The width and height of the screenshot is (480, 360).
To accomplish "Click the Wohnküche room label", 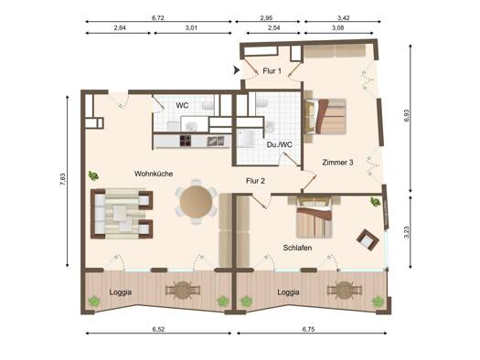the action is point(154,174).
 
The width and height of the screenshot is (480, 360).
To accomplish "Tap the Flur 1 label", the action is point(272,71).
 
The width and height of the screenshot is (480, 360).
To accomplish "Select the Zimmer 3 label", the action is point(337,163).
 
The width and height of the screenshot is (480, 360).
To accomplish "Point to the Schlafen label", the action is point(297,248).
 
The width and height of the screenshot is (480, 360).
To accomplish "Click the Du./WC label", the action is point(279,144).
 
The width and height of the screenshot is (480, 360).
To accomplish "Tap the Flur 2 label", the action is point(255,181).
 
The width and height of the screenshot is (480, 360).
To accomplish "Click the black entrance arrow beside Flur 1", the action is point(236,70).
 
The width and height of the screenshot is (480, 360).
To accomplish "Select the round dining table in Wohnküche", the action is point(196,202).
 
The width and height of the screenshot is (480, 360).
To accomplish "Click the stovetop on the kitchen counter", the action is point(186,141).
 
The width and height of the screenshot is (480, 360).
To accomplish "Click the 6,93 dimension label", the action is point(406,115).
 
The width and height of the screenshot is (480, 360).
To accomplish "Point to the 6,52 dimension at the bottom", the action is point(158,329).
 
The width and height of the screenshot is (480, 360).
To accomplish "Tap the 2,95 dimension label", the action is point(266,18).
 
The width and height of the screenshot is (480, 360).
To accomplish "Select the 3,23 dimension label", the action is point(406,232).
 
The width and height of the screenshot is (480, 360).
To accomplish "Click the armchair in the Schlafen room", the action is point(368,239).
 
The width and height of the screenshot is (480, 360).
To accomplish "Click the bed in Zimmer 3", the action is point(325,117).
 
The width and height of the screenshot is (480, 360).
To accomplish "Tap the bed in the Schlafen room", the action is point(315,218).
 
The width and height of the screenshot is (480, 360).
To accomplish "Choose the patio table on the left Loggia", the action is point(183,290).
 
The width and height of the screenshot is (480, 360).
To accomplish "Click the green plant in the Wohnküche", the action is point(93,175).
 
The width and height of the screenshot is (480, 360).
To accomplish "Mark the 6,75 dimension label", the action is point(309,329).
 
